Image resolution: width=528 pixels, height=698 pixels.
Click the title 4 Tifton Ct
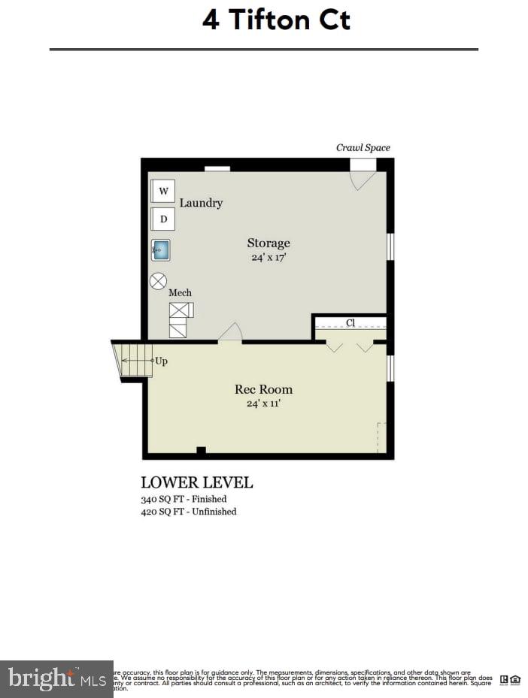click(x=276, y=20)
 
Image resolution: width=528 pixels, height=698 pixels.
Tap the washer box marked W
click(x=163, y=191)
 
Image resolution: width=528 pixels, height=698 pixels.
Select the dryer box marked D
click(x=163, y=219)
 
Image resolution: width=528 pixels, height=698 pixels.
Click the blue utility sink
click(x=161, y=249)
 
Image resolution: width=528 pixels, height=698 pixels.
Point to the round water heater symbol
click(x=158, y=281)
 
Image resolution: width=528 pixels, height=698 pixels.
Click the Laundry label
click(x=201, y=203)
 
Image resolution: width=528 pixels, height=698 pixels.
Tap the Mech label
click(x=180, y=292)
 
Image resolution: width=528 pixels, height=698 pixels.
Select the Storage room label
click(x=269, y=243)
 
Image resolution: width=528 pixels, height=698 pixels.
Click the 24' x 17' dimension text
click(x=269, y=257)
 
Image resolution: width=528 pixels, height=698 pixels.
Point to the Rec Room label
click(x=263, y=389)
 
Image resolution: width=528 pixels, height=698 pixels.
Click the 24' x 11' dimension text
click(x=264, y=403)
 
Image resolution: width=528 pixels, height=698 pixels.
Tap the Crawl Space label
click(x=363, y=148)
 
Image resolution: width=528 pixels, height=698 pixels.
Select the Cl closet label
click(x=350, y=323)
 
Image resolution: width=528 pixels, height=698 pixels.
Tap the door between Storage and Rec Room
click(x=230, y=334)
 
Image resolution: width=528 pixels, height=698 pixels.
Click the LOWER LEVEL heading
click(x=197, y=482)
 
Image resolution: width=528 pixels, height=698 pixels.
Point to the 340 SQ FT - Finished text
click(x=184, y=499)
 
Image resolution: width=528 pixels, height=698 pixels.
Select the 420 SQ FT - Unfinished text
click(x=189, y=512)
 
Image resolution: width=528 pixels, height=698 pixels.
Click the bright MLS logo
click(x=56, y=679)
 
